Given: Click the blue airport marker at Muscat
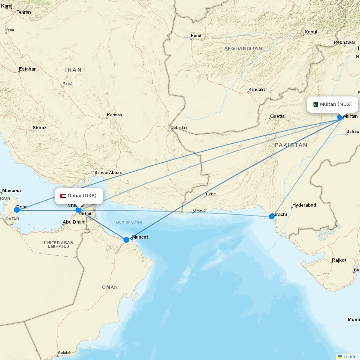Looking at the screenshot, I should click(126, 240).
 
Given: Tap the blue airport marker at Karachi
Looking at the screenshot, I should click(272, 216).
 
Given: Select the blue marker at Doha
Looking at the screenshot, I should click(17, 210).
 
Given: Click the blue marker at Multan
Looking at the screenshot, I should click(339, 117).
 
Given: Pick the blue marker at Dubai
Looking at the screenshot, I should click(78, 210).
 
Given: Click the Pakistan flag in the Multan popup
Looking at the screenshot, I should click(316, 105).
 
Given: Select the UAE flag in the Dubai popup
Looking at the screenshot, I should click(63, 196).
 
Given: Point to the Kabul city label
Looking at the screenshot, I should click(311, 32).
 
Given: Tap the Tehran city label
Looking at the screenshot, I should click(24, 12).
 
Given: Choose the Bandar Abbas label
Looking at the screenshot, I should click(108, 172).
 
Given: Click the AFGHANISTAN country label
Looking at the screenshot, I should click(243, 48).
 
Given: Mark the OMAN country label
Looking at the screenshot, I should click(110, 287).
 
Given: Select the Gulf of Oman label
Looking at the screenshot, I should click(129, 222).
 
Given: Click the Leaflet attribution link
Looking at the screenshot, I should click(350, 356).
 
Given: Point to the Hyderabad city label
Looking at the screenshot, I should click(304, 205).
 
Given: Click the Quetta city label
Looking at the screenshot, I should click(277, 116).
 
